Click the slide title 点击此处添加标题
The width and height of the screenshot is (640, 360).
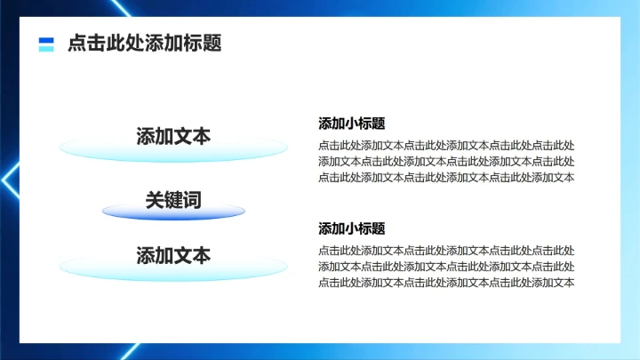tap(144, 43)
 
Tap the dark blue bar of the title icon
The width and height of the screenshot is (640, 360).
tap(46, 40)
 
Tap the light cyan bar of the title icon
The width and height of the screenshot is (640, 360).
tap(46, 49)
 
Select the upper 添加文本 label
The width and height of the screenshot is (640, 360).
tap(173, 136)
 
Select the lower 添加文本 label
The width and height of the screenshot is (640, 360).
tap(173, 255)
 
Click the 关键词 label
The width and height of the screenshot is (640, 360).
tap(173, 200)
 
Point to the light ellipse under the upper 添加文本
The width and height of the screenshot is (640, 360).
tap(173, 150)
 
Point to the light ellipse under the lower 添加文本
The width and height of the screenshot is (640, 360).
tap(173, 268)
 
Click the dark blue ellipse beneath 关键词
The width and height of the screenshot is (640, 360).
tap(173, 212)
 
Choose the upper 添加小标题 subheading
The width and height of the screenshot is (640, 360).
tap(351, 124)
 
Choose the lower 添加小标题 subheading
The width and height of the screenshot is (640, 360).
tap(351, 228)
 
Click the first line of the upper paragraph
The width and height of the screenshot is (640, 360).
tap(446, 146)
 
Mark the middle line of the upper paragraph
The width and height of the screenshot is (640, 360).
tap(446, 161)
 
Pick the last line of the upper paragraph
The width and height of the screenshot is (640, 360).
tap(446, 177)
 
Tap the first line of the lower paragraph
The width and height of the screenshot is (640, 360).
tap(446, 251)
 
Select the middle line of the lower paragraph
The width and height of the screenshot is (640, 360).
tap(446, 267)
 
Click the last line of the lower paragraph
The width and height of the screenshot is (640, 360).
tap(446, 283)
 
